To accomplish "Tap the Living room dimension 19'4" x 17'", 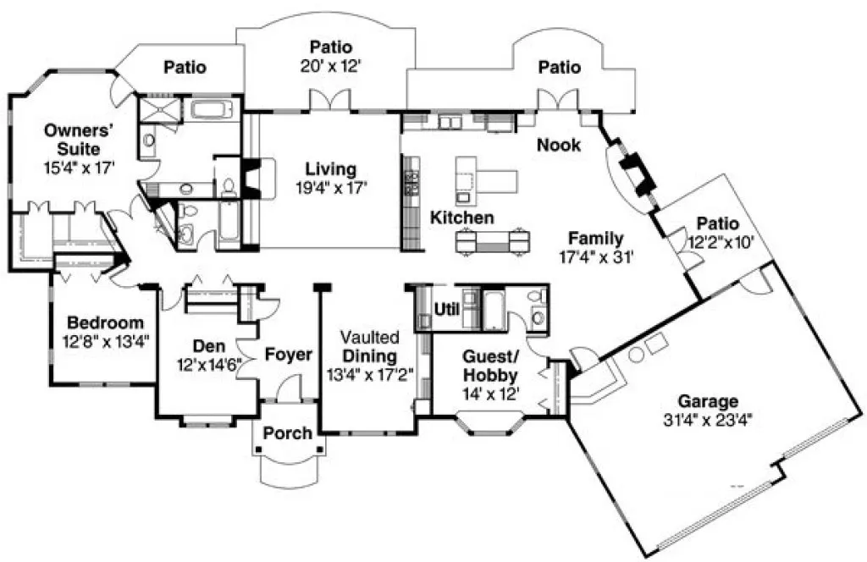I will pyautogui.click(x=331, y=188).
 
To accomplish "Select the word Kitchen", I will pyautogui.click(x=461, y=218).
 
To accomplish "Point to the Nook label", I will pyautogui.click(x=559, y=145).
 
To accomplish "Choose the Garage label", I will pyautogui.click(x=707, y=401).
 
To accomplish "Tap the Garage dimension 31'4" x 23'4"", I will pyautogui.click(x=707, y=419).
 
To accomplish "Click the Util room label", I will pyautogui.click(x=445, y=308).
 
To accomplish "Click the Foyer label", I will pyautogui.click(x=289, y=355).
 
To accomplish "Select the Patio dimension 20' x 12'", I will pyautogui.click(x=330, y=65).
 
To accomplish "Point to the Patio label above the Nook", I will pyautogui.click(x=559, y=66).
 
